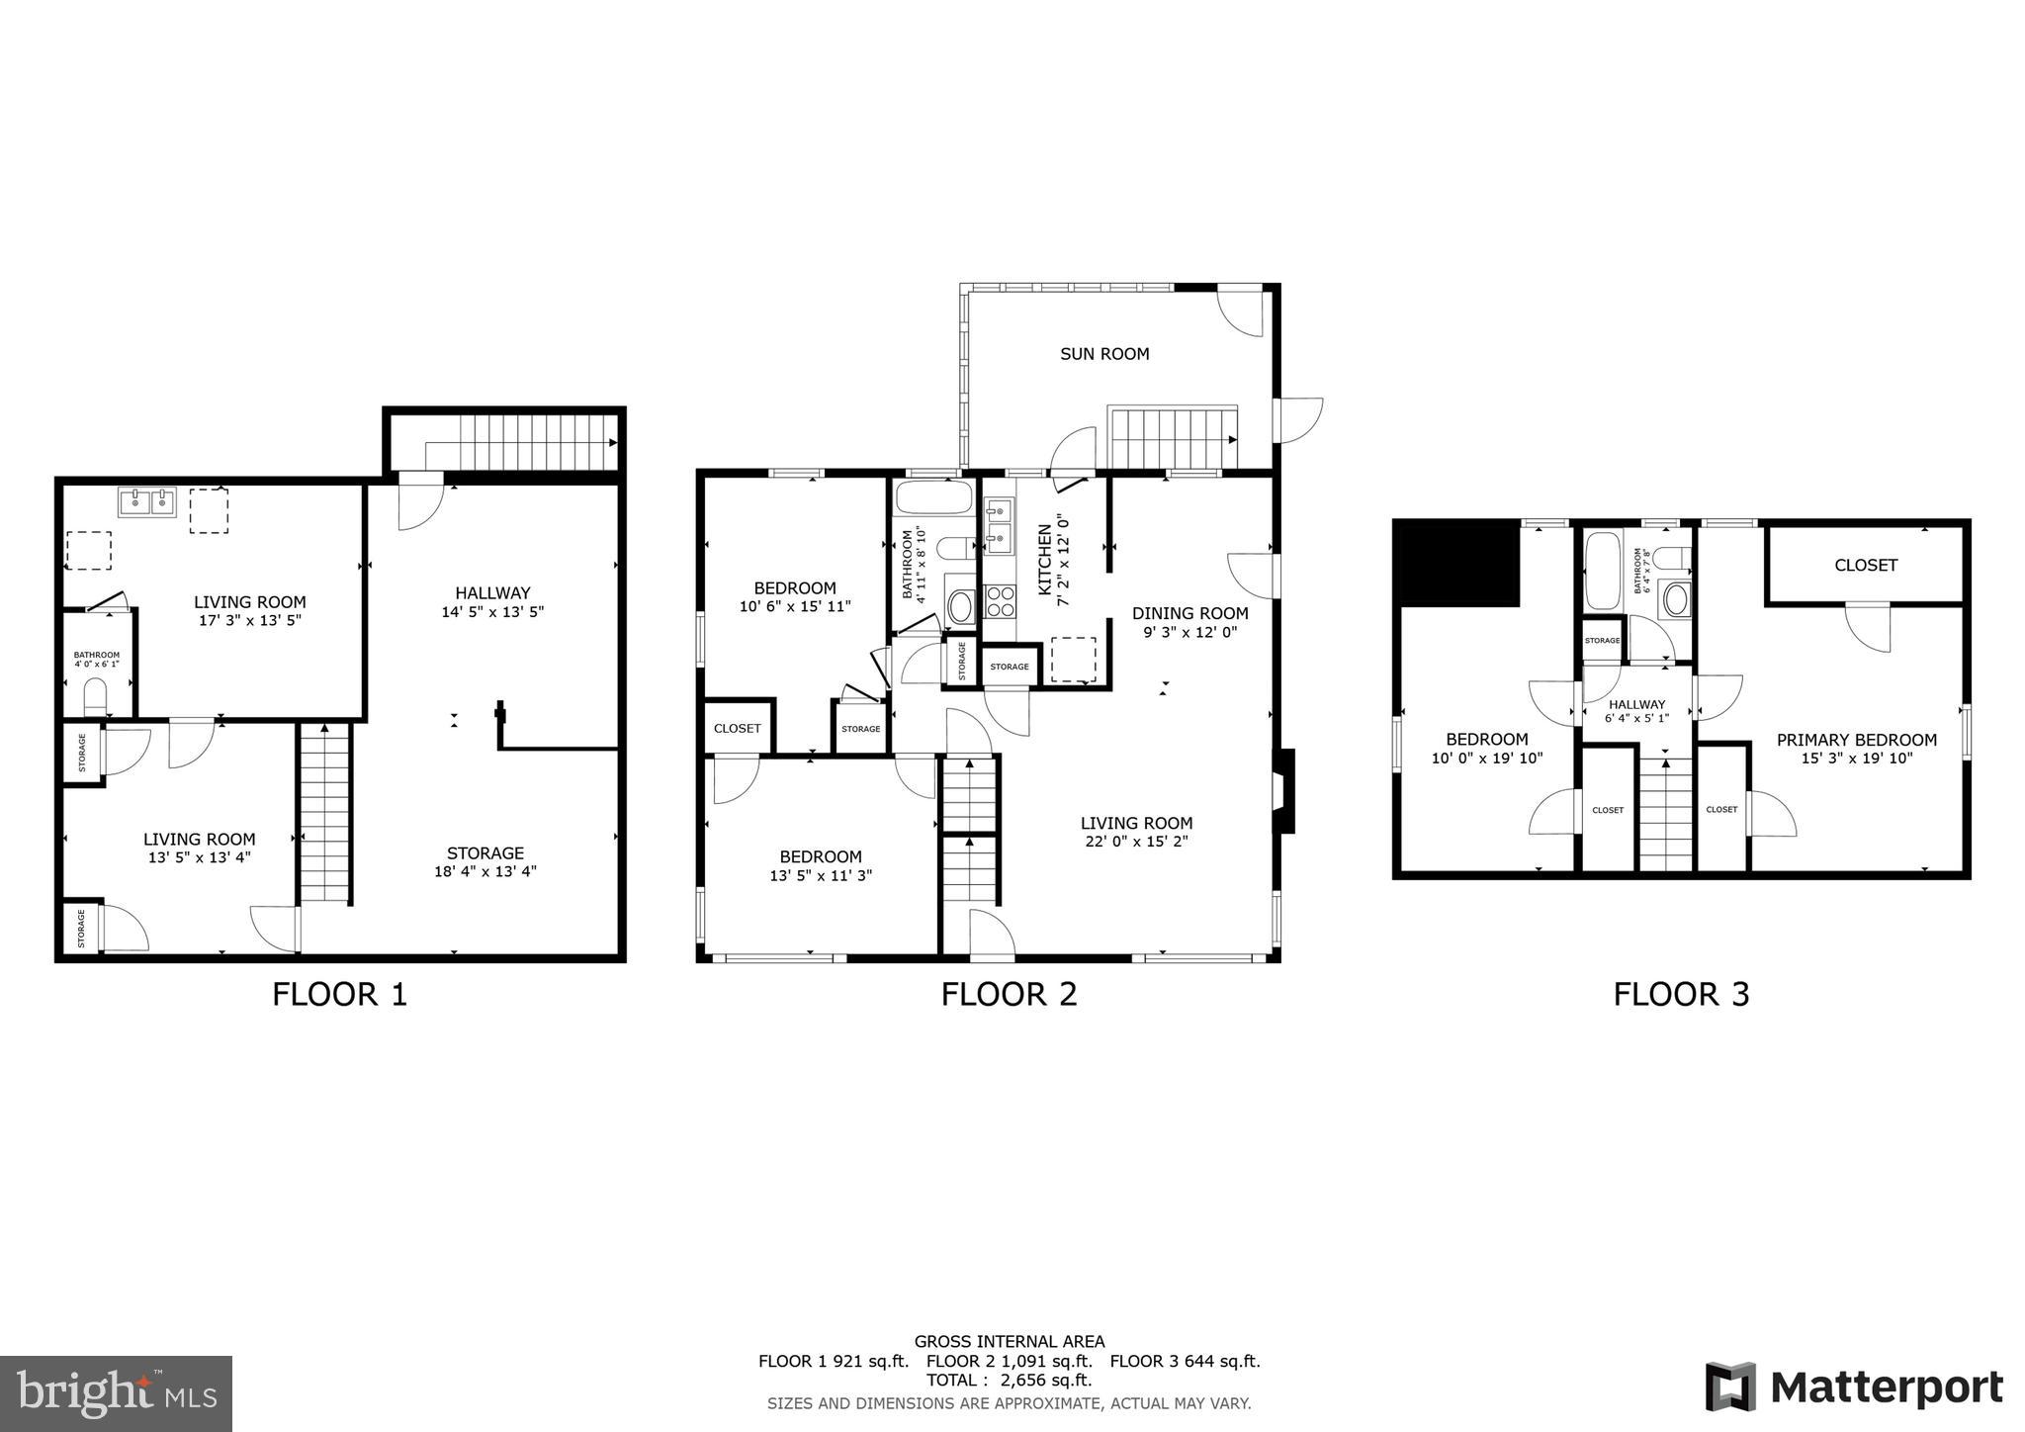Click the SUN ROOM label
(x=1104, y=354)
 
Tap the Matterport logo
(x=1854, y=1387)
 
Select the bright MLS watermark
(x=116, y=1393)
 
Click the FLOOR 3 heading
(x=1681, y=994)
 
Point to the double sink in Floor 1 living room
(x=146, y=502)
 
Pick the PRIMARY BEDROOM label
(x=1856, y=740)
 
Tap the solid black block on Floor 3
(x=1456, y=564)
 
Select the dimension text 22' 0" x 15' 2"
(x=1136, y=842)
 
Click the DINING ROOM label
(x=1189, y=613)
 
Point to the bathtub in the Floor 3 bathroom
(x=1603, y=571)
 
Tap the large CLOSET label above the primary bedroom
(x=1866, y=566)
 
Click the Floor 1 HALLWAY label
(x=492, y=593)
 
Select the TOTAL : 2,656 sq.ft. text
(x=1009, y=1381)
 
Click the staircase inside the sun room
(x=1174, y=437)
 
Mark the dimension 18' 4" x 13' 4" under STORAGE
(x=484, y=871)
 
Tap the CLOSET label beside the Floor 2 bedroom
(x=737, y=729)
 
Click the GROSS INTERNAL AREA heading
(x=1009, y=1342)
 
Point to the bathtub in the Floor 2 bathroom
(x=933, y=497)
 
